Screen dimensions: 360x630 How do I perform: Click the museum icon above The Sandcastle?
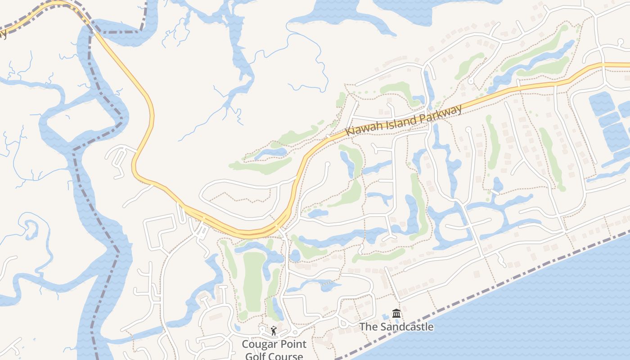(396, 313)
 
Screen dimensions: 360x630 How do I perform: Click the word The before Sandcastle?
(369, 327)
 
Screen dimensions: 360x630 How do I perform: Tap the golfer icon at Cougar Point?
(274, 331)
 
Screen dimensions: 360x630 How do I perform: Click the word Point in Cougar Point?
(292, 344)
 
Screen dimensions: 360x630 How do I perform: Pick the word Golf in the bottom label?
(256, 356)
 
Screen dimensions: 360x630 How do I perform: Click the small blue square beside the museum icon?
(386, 317)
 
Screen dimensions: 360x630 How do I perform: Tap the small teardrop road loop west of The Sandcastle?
(344, 323)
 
